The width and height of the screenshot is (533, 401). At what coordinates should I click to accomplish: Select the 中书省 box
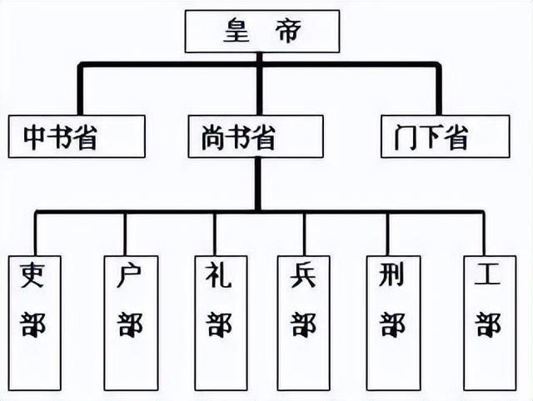point(77,136)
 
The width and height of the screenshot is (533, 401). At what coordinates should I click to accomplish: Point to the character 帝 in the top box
point(283,32)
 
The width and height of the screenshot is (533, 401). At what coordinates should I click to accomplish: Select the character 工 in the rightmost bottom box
point(489,275)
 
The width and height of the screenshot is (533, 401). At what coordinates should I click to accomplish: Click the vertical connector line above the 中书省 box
point(80,89)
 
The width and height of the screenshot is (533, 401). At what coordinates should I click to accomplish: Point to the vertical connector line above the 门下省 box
point(438,89)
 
